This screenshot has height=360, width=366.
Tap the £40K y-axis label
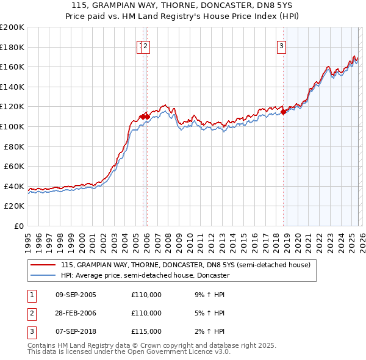click(x=14, y=186)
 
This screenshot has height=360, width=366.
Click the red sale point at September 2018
click(x=284, y=112)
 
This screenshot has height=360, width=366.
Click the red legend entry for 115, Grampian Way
click(x=185, y=265)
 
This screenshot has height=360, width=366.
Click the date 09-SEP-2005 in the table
click(x=76, y=295)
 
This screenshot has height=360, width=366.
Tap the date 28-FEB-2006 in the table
click(x=76, y=313)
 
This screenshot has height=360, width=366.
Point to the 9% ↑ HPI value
click(x=209, y=295)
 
